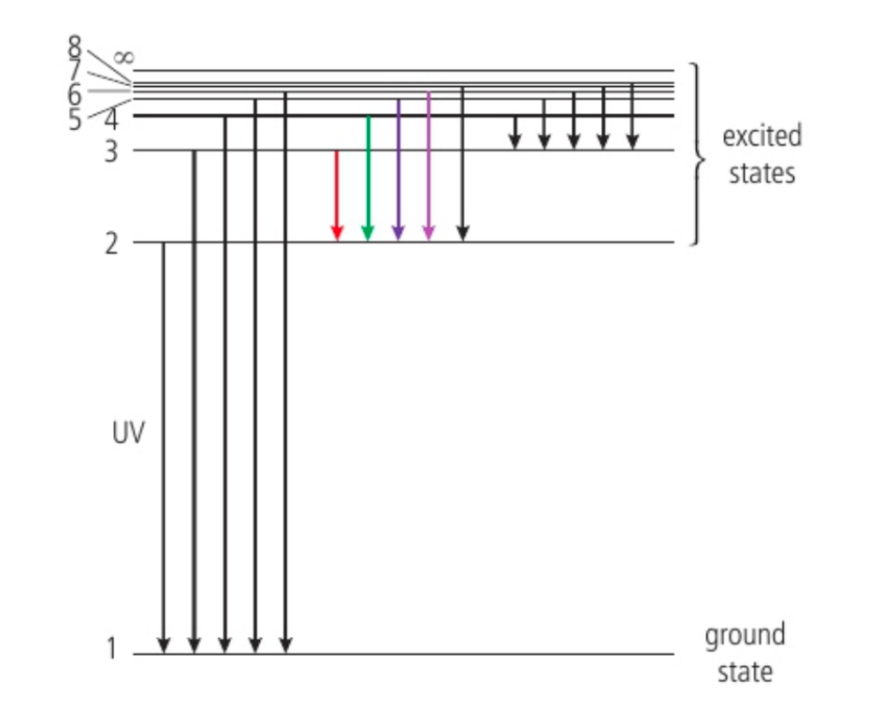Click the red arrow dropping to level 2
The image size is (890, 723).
pyautogui.click(x=336, y=195)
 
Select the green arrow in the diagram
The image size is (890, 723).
pyautogui.click(x=367, y=178)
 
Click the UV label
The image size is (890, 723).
pyautogui.click(x=129, y=433)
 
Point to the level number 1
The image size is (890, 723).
pyautogui.click(x=111, y=649)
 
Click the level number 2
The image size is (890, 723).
pyautogui.click(x=111, y=244)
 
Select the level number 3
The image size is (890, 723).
pyautogui.click(x=111, y=151)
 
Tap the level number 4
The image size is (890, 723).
pyautogui.click(x=111, y=119)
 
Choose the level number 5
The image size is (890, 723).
pyautogui.click(x=75, y=120)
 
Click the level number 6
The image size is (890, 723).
pyautogui.click(x=74, y=94)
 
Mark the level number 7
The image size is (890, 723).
pyautogui.click(x=74, y=69)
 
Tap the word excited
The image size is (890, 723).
pyautogui.click(x=762, y=137)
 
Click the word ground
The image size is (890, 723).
pyautogui.click(x=745, y=635)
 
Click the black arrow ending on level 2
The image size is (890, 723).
pyautogui.click(x=462, y=164)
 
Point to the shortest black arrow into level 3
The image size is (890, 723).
pyautogui.click(x=515, y=132)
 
